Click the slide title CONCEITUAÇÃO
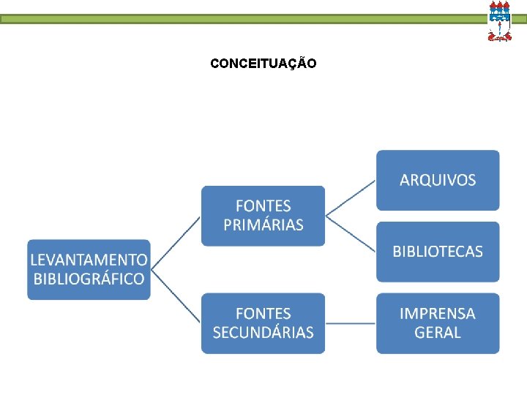click(x=263, y=64)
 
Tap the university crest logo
click(x=499, y=20)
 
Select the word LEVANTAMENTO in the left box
click(x=89, y=260)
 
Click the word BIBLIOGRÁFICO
click(x=89, y=279)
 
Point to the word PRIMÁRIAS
click(x=263, y=225)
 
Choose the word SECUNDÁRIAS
click(x=263, y=332)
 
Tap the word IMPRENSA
click(x=438, y=314)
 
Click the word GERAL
click(x=438, y=332)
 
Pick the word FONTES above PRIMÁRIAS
click(x=263, y=206)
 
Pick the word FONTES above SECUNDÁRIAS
click(x=263, y=314)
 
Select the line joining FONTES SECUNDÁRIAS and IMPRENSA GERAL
click(x=351, y=323)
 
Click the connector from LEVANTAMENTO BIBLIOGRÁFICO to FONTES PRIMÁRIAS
click(x=176, y=243)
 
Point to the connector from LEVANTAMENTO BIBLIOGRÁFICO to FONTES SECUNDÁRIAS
click(x=176, y=296)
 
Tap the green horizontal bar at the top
click(x=242, y=20)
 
